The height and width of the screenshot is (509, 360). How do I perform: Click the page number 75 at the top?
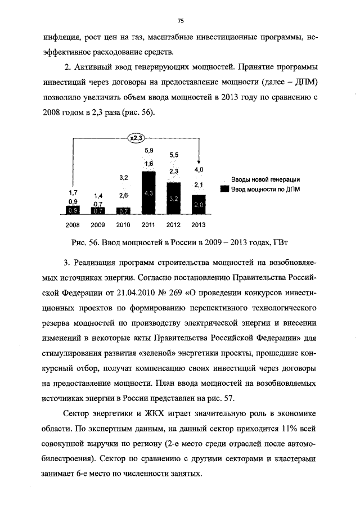(x=181, y=21)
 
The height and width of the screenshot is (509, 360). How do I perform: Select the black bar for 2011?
(x=148, y=193)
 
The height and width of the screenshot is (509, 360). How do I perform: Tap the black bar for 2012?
(x=173, y=198)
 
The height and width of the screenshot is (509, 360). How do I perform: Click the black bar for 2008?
(x=73, y=210)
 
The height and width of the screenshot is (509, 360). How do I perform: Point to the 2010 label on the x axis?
(x=123, y=225)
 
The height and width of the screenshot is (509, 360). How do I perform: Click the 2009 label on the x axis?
(x=98, y=225)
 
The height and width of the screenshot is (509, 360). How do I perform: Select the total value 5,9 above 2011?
(x=149, y=150)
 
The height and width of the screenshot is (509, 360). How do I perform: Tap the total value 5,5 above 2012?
(x=174, y=155)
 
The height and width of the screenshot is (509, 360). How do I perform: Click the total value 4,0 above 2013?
(x=199, y=169)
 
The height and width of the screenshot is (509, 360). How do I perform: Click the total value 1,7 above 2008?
(x=73, y=192)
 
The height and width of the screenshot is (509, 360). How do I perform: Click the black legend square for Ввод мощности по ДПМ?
(x=224, y=189)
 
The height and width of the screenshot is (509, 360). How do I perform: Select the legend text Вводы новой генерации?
(x=265, y=179)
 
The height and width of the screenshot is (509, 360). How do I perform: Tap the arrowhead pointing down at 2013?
(x=199, y=160)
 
